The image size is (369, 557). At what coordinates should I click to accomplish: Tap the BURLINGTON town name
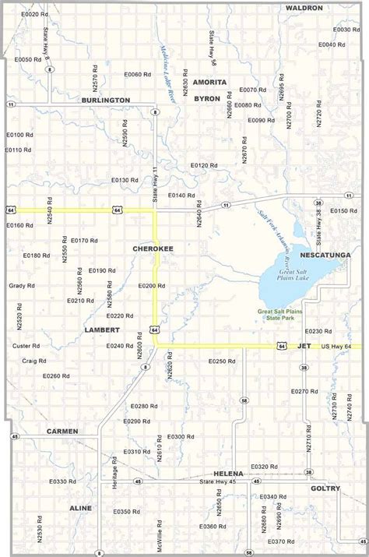[106, 100]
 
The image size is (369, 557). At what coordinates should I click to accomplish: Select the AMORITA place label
[209, 82]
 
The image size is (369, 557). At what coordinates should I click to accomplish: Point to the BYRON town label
[207, 98]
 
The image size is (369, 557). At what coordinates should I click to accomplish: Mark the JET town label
[304, 345]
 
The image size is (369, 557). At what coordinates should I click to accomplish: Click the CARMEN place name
[62, 431]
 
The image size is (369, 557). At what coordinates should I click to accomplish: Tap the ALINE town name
[80, 508]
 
